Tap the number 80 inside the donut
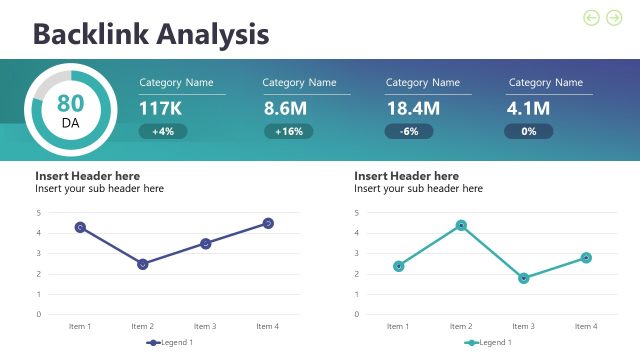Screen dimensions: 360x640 [70, 103]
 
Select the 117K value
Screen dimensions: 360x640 [160, 108]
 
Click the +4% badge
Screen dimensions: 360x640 [163, 131]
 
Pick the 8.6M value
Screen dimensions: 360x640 [285, 108]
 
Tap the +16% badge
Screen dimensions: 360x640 [288, 131]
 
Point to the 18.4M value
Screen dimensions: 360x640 [413, 108]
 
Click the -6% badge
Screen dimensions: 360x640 [409, 131]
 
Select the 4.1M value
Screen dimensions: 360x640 [529, 108]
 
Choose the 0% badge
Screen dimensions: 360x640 [529, 131]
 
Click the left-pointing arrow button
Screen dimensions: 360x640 [591, 17]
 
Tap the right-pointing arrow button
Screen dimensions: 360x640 [614, 17]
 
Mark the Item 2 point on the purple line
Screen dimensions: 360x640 [143, 264]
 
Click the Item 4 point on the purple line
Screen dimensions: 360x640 [268, 223]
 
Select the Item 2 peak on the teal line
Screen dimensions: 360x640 [461, 225]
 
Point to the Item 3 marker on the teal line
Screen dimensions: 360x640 [524, 278]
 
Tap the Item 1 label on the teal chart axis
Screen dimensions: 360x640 [398, 326]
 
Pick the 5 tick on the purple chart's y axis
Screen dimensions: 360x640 [38, 213]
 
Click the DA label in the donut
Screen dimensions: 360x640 [70, 123]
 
